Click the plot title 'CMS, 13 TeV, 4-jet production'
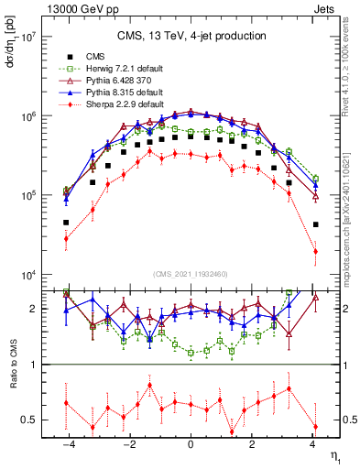pos(191,36)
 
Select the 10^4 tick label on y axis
pos(27,275)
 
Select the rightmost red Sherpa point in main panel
pos(315,251)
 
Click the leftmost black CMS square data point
pos(66,223)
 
